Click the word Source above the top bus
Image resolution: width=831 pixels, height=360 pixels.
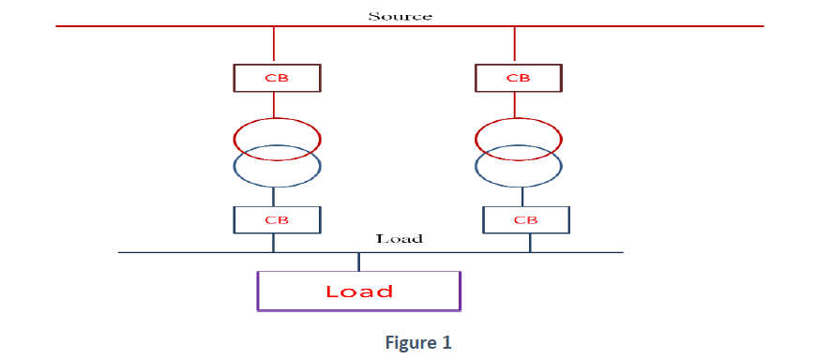(400, 16)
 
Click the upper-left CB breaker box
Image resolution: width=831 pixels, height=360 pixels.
(277, 77)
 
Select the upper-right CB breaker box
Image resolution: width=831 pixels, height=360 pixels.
(519, 77)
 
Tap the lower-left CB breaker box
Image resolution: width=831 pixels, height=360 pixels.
(277, 219)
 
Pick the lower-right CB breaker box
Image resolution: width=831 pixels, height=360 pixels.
(526, 219)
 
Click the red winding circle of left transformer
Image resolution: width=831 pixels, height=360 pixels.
(277, 138)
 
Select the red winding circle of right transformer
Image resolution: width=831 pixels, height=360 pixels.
(519, 138)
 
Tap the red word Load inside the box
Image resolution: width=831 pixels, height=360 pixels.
(359, 291)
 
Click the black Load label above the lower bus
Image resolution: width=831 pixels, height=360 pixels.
(400, 239)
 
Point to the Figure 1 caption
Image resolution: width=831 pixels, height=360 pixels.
(418, 343)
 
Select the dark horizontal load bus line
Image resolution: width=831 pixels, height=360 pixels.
(188, 253)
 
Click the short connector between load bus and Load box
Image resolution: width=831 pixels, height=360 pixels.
(358, 262)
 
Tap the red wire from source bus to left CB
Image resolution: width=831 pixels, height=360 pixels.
(274, 45)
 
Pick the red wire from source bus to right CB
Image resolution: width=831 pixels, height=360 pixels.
(515, 45)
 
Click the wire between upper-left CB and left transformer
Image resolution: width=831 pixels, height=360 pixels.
(274, 105)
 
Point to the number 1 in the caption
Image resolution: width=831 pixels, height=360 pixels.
(446, 343)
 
